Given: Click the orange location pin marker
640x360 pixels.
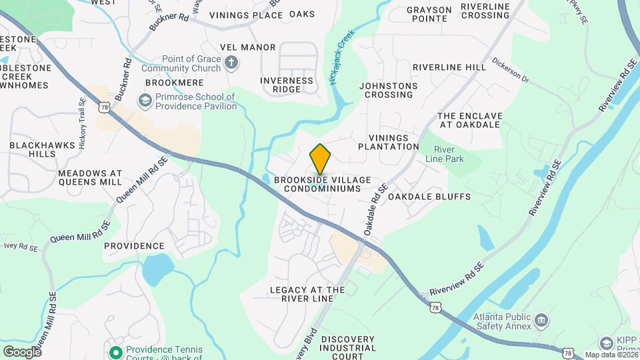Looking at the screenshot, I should (x=321, y=159).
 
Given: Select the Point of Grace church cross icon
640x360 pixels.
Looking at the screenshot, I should (x=231, y=63).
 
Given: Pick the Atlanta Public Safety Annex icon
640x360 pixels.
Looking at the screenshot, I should (x=542, y=322).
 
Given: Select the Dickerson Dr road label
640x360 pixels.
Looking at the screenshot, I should (x=510, y=73).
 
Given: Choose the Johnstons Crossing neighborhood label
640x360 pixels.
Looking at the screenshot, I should (x=388, y=91).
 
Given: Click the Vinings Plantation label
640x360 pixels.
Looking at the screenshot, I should (x=388, y=141).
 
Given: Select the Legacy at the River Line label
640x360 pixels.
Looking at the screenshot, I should (x=307, y=294).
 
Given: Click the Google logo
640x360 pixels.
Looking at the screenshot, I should (x=22, y=351).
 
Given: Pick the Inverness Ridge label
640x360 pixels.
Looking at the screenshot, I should (x=287, y=85).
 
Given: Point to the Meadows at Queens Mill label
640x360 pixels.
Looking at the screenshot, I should (x=90, y=177).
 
